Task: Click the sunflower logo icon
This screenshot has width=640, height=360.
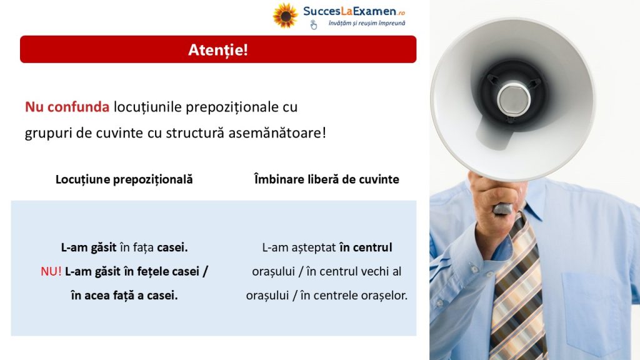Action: [x=285, y=16]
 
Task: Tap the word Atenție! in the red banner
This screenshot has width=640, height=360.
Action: [x=218, y=50]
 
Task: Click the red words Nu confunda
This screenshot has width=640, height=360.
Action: [x=67, y=107]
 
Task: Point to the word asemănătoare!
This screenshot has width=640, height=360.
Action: [x=277, y=133]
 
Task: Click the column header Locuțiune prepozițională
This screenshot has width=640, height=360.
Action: [x=124, y=179]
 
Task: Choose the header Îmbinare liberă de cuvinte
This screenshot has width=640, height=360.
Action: [x=326, y=179]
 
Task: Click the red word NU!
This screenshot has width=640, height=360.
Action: [x=51, y=271]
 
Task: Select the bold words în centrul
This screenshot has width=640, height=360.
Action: [x=366, y=247]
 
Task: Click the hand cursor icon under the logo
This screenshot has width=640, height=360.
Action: [x=314, y=25]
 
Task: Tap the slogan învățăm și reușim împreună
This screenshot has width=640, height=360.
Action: [x=367, y=23]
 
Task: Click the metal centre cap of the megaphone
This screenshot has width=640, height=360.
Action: [x=514, y=99]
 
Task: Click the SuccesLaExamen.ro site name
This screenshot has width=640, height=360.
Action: [x=354, y=11]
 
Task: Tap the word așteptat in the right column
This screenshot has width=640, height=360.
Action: [x=314, y=247]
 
